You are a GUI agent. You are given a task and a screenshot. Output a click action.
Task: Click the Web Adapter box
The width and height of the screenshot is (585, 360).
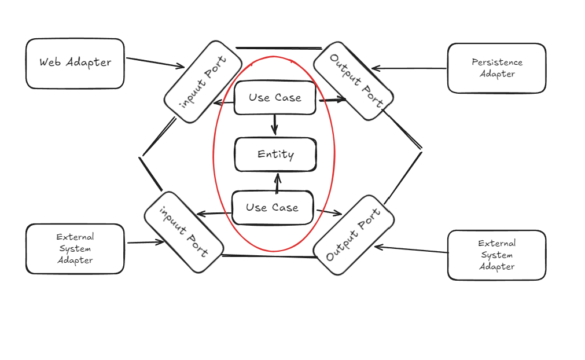tap(75, 64)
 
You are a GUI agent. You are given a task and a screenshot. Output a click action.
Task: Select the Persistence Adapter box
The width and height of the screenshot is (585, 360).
tap(496, 68)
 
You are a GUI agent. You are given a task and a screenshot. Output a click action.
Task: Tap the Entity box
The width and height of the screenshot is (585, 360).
tap(275, 155)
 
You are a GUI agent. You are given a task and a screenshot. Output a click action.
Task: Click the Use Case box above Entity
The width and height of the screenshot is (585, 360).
tap(275, 98)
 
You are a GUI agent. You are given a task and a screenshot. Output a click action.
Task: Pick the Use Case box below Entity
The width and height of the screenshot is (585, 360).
tap(273, 207)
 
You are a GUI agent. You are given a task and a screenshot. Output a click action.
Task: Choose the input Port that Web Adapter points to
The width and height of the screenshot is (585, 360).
tap(203, 82)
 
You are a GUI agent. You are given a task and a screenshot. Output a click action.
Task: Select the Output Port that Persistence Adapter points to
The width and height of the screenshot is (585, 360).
tap(353, 81)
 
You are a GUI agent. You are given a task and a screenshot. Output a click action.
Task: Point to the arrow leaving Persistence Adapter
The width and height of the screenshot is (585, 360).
tap(409, 68)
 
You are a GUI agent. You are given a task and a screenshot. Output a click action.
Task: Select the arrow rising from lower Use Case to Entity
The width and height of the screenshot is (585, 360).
tap(277, 183)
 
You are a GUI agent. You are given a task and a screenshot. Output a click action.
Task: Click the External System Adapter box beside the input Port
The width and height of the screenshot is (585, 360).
tap(75, 249)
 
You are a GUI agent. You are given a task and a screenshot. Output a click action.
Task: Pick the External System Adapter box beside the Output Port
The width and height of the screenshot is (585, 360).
tap(496, 255)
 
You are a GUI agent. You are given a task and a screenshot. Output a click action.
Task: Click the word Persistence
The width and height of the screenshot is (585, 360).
tap(497, 62)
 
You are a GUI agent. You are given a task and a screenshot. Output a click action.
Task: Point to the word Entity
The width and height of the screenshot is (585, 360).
tap(275, 155)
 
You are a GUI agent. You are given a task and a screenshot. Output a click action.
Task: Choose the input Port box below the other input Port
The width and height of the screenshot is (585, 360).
tap(184, 232)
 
